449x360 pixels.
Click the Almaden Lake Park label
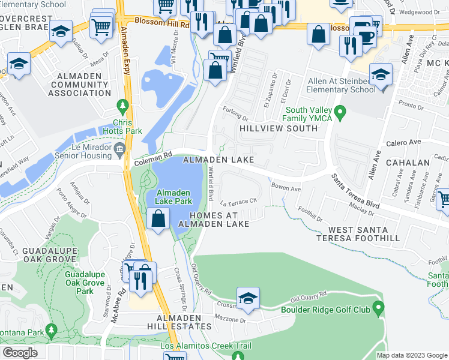[x=173, y=197]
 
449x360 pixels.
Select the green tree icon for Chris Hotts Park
[x=124, y=106]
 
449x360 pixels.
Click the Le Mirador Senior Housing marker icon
[x=119, y=149]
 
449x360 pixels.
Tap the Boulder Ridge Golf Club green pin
[x=378, y=309]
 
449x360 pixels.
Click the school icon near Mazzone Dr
[x=247, y=298]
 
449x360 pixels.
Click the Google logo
[x=20, y=353]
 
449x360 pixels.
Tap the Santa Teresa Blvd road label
[x=355, y=191]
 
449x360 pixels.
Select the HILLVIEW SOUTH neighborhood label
[x=279, y=128]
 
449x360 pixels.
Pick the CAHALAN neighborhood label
[x=408, y=163]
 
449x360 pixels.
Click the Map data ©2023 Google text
[x=411, y=355]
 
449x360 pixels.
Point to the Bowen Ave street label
[x=286, y=188]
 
